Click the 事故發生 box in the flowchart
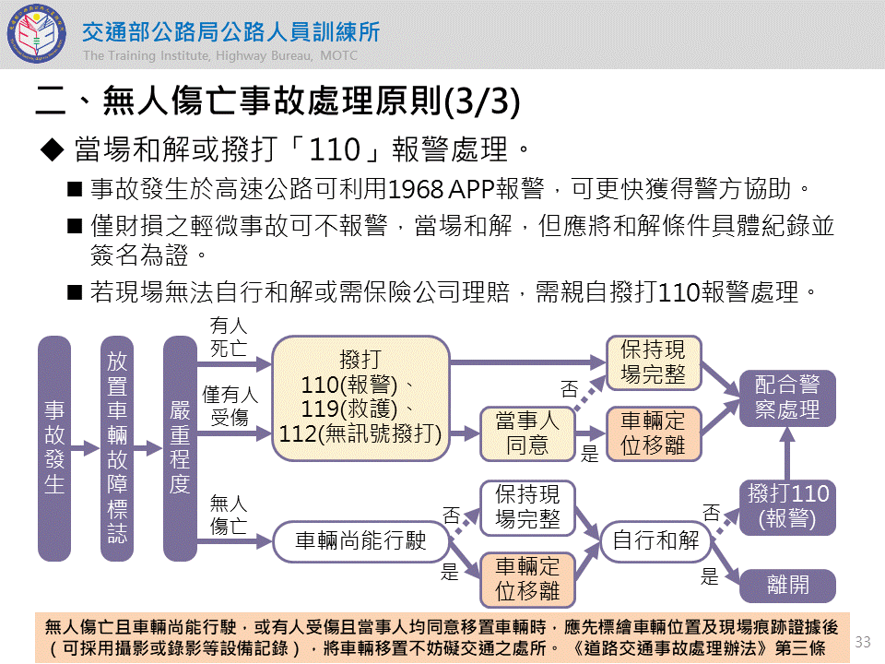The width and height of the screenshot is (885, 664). (54, 448)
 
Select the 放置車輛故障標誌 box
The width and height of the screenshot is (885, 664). (117, 448)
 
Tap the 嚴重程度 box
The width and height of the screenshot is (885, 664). (180, 448)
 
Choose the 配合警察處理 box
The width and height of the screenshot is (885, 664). (787, 397)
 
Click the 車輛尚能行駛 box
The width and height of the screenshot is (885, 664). (360, 541)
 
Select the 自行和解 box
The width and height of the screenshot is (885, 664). (655, 541)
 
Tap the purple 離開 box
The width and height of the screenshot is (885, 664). (787, 586)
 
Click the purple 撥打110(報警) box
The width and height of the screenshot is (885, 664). (787, 506)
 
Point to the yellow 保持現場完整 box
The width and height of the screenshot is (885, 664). (654, 362)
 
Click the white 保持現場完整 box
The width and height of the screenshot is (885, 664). (527, 506)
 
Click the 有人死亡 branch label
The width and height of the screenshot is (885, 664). (229, 337)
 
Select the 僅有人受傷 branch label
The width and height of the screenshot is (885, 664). (230, 406)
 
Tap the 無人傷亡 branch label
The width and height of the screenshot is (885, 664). (229, 515)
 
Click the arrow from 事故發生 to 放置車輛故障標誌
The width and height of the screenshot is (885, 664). (86, 448)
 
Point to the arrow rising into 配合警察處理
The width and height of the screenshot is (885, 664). (787, 453)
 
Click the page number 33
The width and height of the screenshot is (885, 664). (863, 641)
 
